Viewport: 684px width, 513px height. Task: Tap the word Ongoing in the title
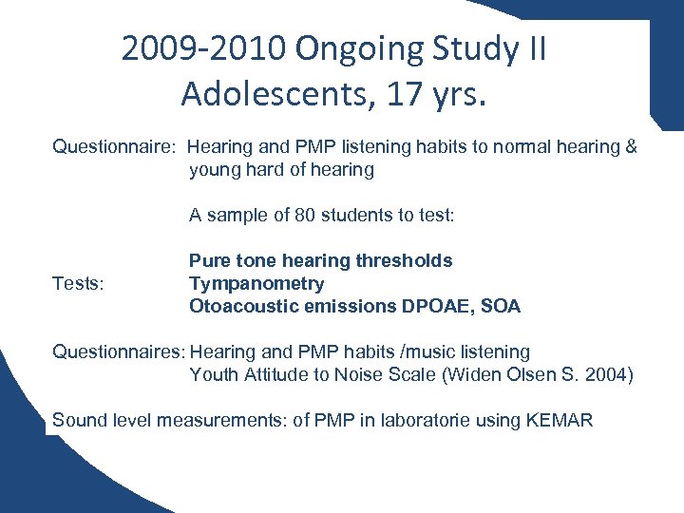(x=351, y=47)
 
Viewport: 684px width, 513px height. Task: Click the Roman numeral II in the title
(x=534, y=47)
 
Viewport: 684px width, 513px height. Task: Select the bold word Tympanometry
(x=256, y=283)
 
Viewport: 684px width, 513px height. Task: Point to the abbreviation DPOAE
(x=438, y=306)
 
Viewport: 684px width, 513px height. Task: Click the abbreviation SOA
(x=501, y=306)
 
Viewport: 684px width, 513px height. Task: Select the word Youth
(x=214, y=375)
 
